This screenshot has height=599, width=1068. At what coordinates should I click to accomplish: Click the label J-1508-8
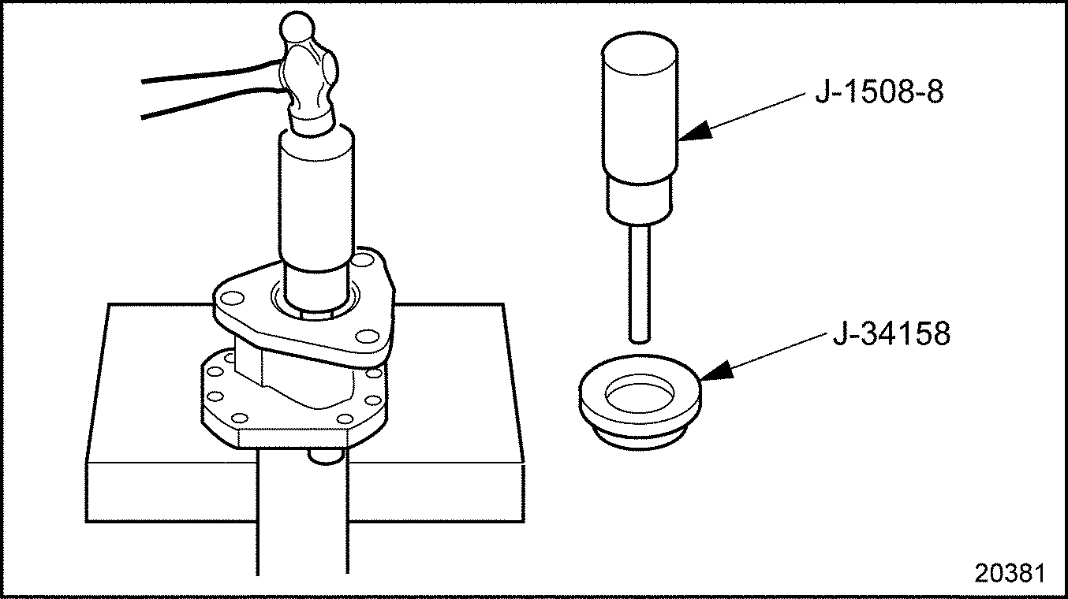coord(878,93)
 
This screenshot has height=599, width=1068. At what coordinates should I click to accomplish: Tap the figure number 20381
coord(1009,573)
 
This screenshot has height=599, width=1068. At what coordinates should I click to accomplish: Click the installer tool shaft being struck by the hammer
coord(316,197)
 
